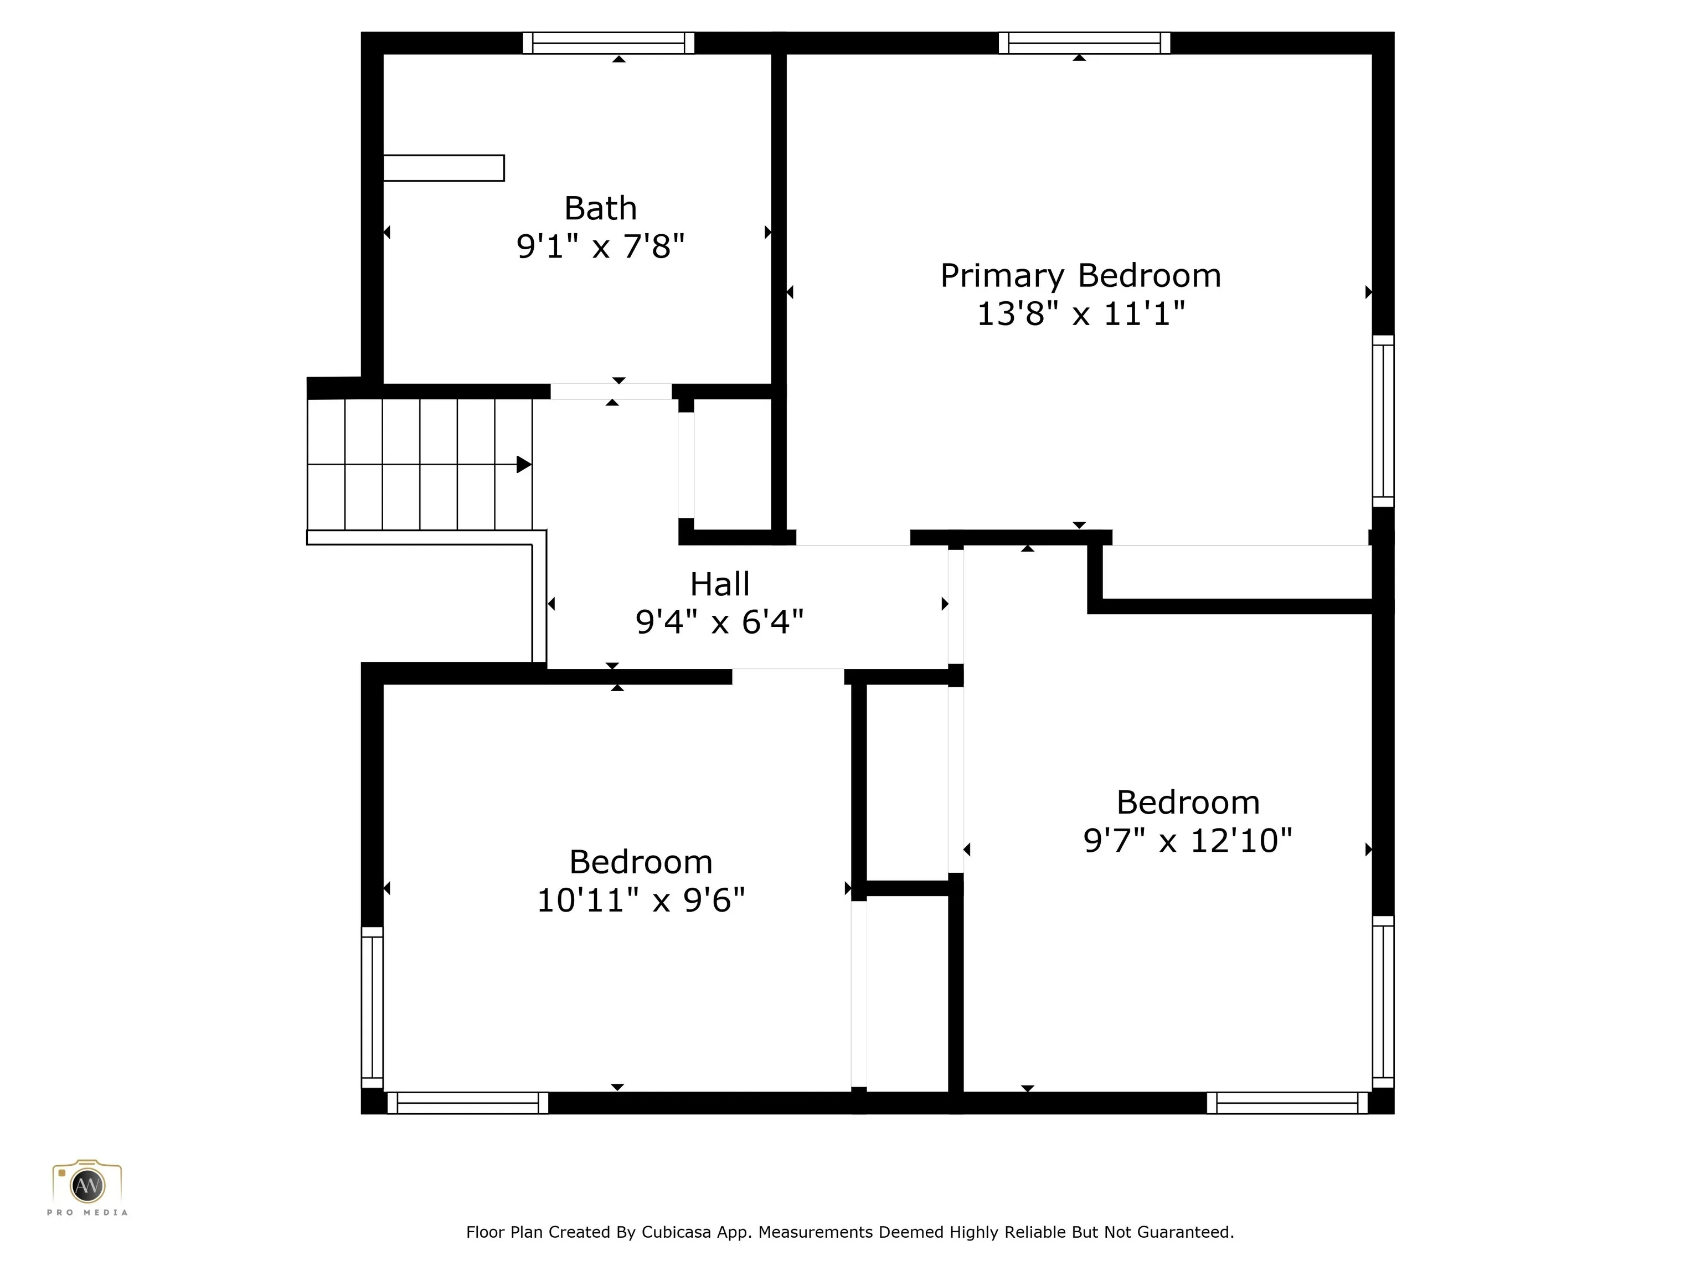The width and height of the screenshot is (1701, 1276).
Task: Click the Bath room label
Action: [x=601, y=208]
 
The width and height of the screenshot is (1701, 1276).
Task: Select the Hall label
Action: [x=720, y=584]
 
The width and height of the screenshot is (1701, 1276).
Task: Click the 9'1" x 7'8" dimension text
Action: [x=601, y=247]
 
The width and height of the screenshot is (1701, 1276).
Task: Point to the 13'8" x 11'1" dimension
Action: [x=1080, y=314]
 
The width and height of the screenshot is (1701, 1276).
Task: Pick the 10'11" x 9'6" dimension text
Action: [x=641, y=901]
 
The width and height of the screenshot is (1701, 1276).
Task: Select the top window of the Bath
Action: [x=609, y=43]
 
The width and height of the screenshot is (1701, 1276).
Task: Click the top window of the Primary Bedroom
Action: [x=1084, y=43]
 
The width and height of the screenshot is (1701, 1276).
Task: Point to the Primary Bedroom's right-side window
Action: [x=1383, y=421]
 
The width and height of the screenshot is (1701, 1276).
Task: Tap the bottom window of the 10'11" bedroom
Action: [x=467, y=1103]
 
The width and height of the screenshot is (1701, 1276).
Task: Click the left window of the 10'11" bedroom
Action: [x=372, y=1007]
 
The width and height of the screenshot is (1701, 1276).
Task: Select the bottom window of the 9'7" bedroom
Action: [x=1287, y=1103]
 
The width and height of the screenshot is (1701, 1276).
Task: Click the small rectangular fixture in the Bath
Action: [x=444, y=168]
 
